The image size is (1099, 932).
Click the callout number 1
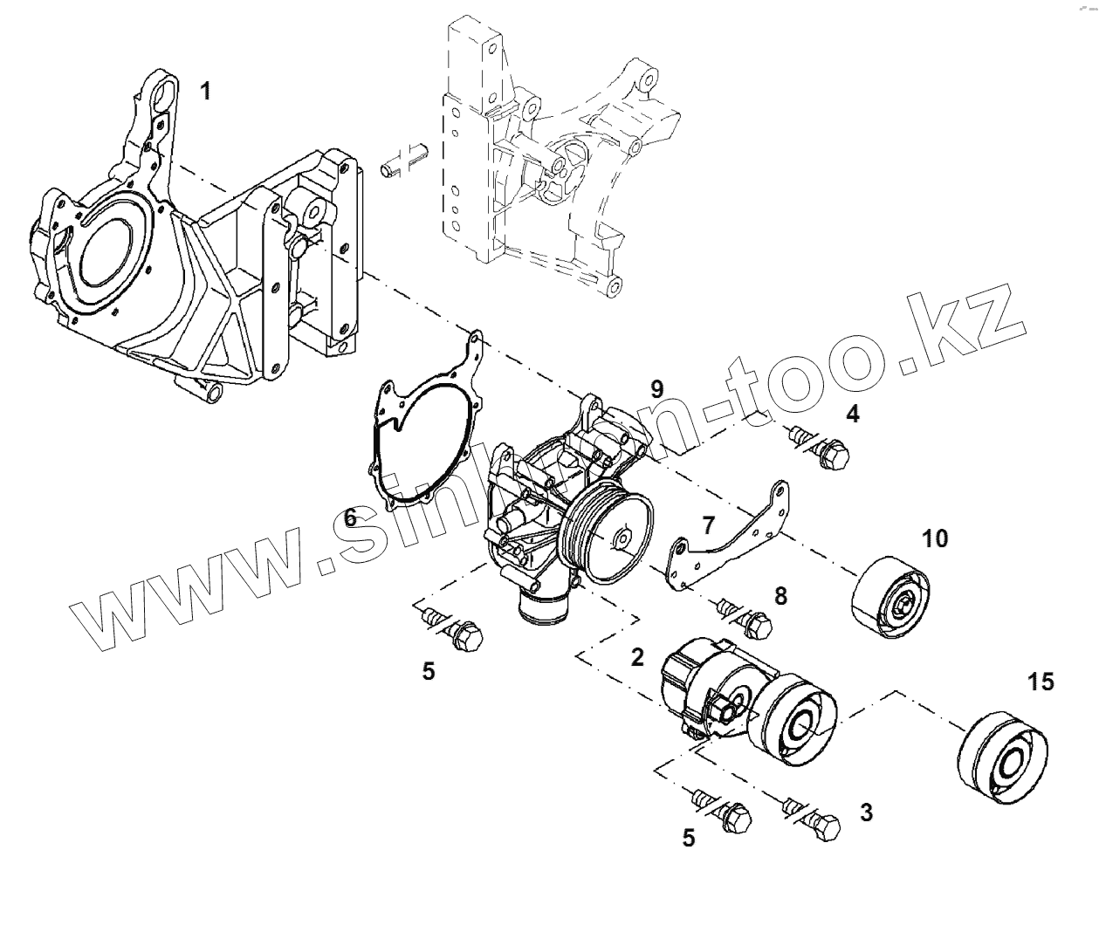click(205, 90)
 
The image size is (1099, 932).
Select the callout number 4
click(852, 414)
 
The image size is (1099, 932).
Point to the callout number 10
click(934, 538)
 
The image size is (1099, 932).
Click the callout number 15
click(1041, 682)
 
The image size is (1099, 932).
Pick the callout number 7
click(708, 524)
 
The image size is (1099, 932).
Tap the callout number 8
click(780, 596)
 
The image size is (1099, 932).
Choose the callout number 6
click(350, 518)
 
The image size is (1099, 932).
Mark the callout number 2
click(637, 657)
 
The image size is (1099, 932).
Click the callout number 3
click(865, 812)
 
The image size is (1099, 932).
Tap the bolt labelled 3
click(817, 823)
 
